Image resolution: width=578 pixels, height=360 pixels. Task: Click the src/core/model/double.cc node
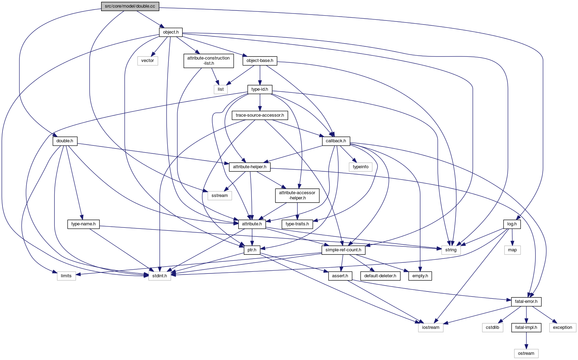[x=130, y=6]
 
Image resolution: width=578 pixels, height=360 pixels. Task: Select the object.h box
[x=171, y=32]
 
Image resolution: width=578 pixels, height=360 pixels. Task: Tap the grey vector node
[x=148, y=61]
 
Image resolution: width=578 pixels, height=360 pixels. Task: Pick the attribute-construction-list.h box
[x=208, y=61]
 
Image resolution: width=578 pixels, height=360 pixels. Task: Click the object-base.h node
[x=260, y=61]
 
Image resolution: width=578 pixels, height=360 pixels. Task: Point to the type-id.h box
[x=260, y=89]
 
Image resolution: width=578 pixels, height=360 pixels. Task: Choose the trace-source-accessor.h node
[x=260, y=115]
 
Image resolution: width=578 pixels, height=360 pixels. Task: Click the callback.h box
[x=336, y=141]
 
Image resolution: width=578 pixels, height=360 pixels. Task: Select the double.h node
[x=65, y=141]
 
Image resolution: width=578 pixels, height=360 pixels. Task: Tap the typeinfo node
[x=361, y=167]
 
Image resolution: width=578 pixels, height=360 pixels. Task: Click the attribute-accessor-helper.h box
[x=297, y=195]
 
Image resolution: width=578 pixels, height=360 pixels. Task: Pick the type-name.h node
[x=83, y=224]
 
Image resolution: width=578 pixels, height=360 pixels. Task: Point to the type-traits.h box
[x=297, y=224]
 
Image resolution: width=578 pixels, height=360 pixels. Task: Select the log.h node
[x=512, y=224]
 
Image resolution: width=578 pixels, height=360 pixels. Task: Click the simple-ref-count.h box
[x=343, y=250]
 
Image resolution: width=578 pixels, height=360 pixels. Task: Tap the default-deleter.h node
[x=380, y=276]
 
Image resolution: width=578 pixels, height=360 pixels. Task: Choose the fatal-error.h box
[x=526, y=301]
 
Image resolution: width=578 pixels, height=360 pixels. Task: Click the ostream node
[x=526, y=353]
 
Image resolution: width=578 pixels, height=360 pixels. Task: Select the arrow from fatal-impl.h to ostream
[x=526, y=340]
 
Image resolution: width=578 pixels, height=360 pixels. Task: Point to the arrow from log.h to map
[x=512, y=237]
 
